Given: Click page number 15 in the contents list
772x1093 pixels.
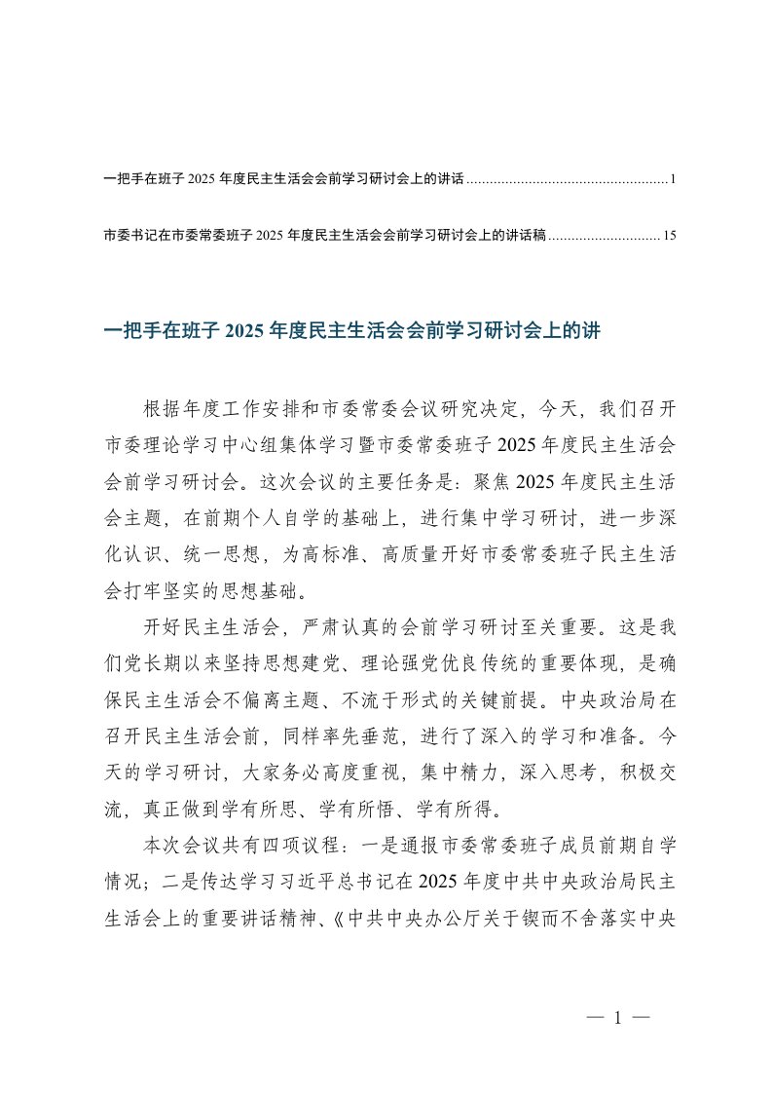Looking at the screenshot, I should pos(669,235).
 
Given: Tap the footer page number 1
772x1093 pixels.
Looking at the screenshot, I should pos(618,1019).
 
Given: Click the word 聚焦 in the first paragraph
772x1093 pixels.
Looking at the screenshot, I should pos(494,480).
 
